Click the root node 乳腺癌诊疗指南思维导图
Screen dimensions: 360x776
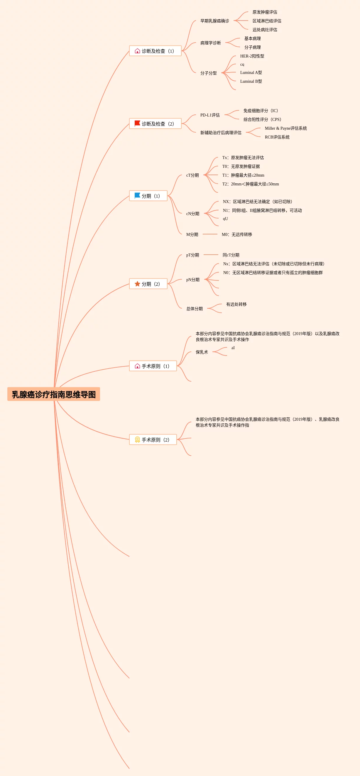(54, 394)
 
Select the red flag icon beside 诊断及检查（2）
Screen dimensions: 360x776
(137, 123)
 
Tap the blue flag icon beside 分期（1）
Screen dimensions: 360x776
(137, 195)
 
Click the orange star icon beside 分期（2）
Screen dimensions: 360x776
(137, 284)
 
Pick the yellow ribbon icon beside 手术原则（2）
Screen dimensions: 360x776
(137, 439)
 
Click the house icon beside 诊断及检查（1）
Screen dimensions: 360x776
(137, 51)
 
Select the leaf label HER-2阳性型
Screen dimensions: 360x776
(252, 56)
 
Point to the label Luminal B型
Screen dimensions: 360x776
(251, 81)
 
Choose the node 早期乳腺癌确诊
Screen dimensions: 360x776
(214, 21)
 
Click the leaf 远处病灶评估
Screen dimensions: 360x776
(265, 30)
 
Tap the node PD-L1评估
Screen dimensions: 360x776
(210, 115)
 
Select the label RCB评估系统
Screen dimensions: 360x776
(277, 137)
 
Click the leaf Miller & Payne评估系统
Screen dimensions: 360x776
(285, 128)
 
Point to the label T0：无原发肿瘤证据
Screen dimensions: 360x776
(241, 166)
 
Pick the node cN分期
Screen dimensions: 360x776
(192, 214)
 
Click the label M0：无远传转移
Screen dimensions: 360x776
(237, 234)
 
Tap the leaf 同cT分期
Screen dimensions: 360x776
(231, 255)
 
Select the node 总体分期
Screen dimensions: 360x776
(194, 308)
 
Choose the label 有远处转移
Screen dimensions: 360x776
(236, 304)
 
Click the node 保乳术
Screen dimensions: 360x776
(202, 352)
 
